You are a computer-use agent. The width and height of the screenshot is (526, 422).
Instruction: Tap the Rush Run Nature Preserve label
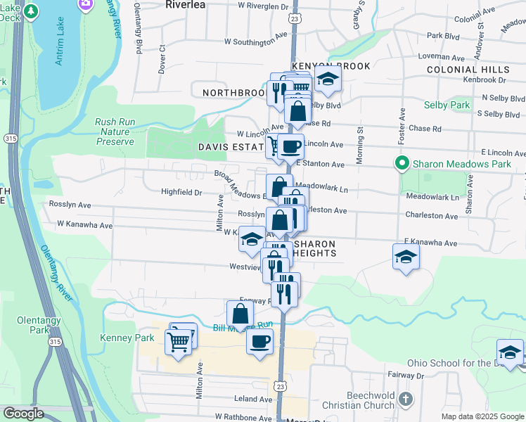click(x=115, y=132)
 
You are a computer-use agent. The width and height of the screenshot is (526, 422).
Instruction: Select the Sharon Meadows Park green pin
click(x=402, y=164)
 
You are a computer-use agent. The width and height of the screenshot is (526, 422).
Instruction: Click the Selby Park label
click(x=447, y=105)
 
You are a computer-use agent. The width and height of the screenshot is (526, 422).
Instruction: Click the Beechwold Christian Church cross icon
click(x=405, y=399)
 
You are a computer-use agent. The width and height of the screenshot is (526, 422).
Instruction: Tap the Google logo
click(x=23, y=414)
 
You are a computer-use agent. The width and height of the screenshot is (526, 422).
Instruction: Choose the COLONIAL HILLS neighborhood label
click(x=468, y=70)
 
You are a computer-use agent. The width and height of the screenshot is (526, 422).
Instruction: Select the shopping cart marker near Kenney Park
click(x=178, y=343)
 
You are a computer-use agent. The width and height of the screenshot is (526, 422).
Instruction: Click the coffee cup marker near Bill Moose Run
click(x=260, y=343)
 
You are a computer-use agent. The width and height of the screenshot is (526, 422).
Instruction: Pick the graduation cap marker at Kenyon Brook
click(x=327, y=80)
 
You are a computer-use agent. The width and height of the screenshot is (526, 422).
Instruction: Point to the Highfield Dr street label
click(x=181, y=191)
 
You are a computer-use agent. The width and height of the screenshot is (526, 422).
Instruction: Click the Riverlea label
click(x=185, y=4)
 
